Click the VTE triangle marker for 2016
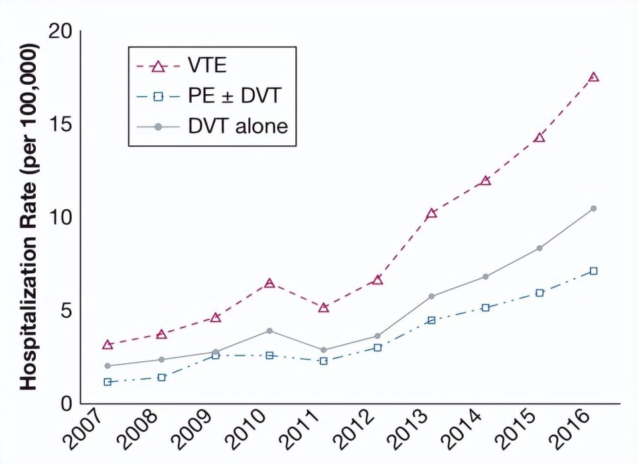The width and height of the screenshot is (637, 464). click(594, 77)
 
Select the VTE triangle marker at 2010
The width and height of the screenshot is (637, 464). click(269, 283)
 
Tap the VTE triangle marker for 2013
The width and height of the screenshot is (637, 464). click(431, 213)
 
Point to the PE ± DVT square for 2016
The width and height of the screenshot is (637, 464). click(594, 270)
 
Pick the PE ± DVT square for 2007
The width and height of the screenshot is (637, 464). click(107, 382)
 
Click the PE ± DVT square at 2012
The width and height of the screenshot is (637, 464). click(377, 347)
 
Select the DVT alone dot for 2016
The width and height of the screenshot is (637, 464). click(594, 208)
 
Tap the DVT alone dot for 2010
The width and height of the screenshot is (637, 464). click(269, 330)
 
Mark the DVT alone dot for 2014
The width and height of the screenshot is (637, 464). click(486, 276)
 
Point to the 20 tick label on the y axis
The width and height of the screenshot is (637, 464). click(59, 30)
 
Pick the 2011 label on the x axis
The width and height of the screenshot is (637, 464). click(309, 431)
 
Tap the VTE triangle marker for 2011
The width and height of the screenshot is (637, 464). click(324, 308)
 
